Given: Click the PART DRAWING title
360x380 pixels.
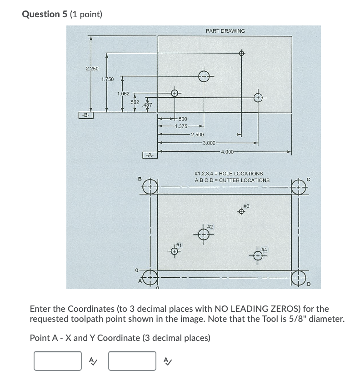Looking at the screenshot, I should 225,31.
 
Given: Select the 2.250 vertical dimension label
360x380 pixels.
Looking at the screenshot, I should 92,69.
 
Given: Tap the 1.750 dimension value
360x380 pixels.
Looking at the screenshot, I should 107,80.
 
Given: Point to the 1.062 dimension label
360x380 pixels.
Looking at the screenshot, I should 123,94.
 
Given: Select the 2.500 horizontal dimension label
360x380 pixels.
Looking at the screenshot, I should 197,135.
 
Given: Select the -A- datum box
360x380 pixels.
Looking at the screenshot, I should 149,155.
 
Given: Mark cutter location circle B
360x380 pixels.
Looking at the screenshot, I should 150,186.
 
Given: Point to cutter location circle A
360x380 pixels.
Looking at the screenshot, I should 150,276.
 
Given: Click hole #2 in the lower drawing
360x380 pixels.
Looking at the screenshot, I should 204,235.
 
